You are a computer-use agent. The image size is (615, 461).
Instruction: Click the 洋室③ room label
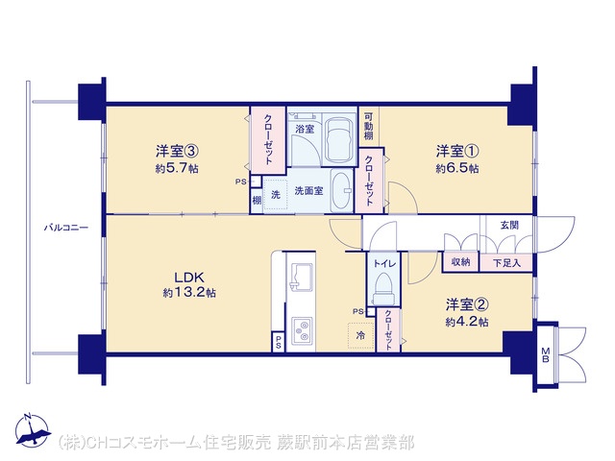tap(176, 151)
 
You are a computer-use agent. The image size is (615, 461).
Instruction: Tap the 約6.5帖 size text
tap(457, 169)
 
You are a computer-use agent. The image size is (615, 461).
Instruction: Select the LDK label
tap(189, 278)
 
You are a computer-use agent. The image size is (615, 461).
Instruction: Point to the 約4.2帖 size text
tap(467, 323)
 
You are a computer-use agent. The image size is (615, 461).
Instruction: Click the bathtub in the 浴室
tap(339, 140)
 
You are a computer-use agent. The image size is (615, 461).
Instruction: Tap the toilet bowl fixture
tap(384, 288)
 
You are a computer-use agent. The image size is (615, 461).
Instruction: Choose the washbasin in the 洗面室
tap(342, 191)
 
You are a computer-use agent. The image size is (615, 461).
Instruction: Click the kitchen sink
tap(301, 276)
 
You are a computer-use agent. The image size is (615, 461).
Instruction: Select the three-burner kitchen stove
tap(302, 330)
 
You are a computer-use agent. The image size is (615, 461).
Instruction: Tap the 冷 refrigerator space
tap(361, 335)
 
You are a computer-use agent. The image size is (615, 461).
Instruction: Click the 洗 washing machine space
tap(276, 194)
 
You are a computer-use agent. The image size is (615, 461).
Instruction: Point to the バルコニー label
tap(66, 228)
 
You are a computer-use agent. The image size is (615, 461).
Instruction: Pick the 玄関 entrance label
tap(509, 225)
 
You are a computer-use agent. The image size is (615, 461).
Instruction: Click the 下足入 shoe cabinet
tap(506, 262)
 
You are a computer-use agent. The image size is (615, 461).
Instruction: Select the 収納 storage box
tap(461, 262)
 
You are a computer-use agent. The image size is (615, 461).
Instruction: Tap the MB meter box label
tap(546, 354)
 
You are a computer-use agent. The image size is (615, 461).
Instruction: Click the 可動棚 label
tap(369, 127)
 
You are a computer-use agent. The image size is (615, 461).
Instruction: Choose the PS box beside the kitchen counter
tap(278, 342)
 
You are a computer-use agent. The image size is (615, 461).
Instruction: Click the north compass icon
tap(33, 430)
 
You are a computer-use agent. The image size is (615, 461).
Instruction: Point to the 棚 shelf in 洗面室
tap(257, 201)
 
